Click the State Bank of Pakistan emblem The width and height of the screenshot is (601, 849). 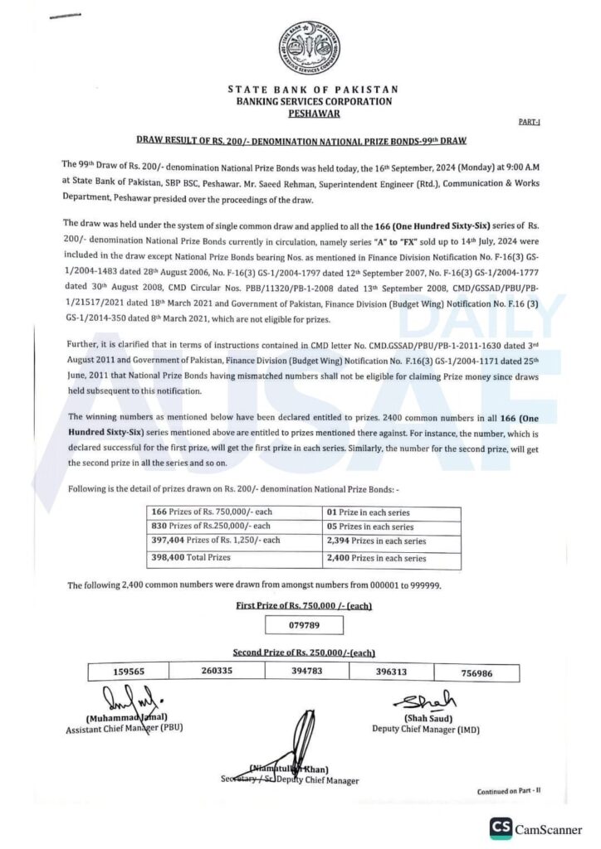308,49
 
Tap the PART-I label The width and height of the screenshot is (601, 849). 529,122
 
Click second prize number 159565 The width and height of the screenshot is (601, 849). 132,672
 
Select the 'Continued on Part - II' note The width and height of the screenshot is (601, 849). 509,791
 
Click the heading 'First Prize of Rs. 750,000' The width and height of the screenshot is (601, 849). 304,606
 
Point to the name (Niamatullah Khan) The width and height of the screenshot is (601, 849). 289,769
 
